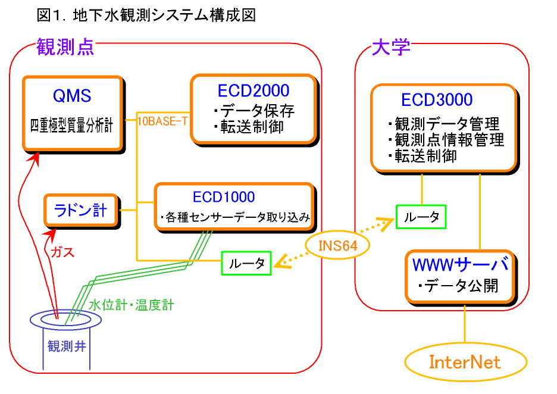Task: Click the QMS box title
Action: tap(72, 96)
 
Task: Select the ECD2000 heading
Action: tap(254, 90)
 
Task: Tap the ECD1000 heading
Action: tap(224, 197)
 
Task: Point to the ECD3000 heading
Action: tap(437, 100)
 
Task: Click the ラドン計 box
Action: tap(81, 210)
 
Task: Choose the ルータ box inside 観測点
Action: tap(246, 263)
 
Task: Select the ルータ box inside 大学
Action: tap(421, 217)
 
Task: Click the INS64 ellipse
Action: tap(337, 245)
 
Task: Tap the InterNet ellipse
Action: tap(465, 362)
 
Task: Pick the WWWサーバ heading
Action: tap(461, 264)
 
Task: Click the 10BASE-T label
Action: tap(162, 121)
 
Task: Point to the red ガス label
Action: tap(62, 252)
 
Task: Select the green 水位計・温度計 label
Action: tap(132, 305)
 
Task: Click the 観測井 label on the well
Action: tap(67, 346)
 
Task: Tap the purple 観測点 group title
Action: tap(65, 47)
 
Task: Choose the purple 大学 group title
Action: tap(391, 47)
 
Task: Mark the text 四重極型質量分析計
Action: tap(71, 126)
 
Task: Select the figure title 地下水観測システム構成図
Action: tap(164, 15)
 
